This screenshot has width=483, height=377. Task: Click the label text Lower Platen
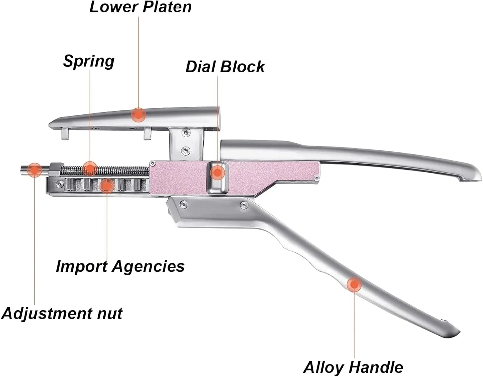pos(140,7)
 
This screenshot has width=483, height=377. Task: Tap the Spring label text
pos(89,61)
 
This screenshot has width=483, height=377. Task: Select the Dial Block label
pos(225,67)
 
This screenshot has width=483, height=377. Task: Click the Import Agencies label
pos(120,266)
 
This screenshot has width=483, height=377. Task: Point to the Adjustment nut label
pos(62,314)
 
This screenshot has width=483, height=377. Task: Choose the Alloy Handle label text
pos(353,367)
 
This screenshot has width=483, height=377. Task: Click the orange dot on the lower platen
pos(138,115)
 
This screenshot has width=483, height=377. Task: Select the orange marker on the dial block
pos(217,172)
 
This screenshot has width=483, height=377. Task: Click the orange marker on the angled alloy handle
pos(354,284)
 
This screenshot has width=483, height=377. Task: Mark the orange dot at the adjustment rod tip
pos(34,170)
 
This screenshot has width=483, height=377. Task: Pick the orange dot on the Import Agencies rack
pos(107,186)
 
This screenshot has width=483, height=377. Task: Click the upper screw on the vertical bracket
pos(185,133)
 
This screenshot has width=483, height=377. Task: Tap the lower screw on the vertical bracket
pos(185,151)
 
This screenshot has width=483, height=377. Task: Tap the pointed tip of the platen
pos(50,124)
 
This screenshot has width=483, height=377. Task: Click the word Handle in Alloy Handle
pos(376,367)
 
